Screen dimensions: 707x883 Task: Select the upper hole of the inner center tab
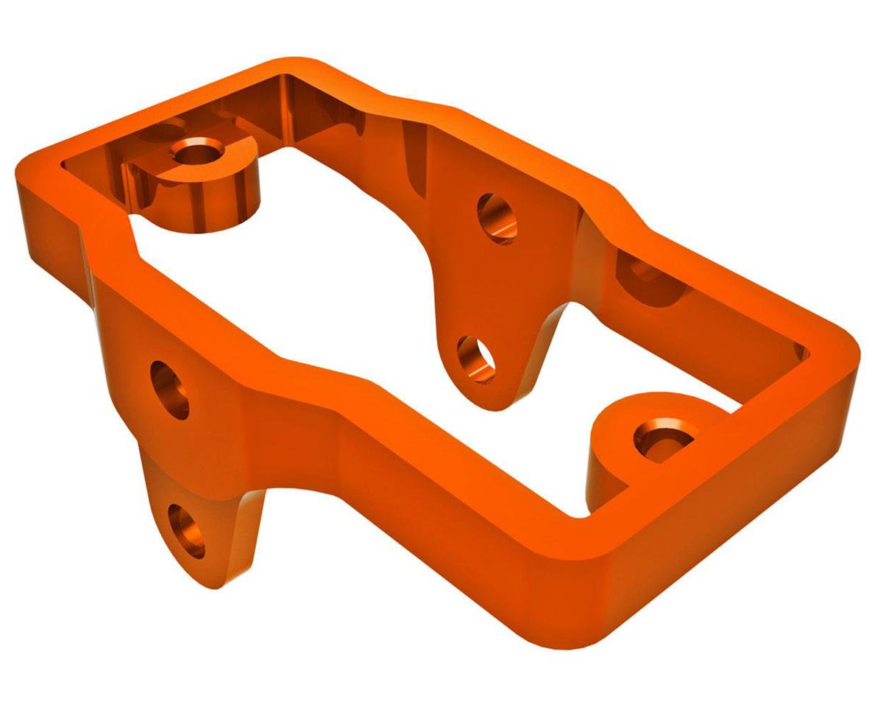pyautogui.click(x=497, y=218)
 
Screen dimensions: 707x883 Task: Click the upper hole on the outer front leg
pyautogui.click(x=170, y=390)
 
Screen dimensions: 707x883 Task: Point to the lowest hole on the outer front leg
pyautogui.click(x=187, y=531)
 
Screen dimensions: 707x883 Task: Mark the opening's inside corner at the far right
pyautogui.click(x=806, y=353)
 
